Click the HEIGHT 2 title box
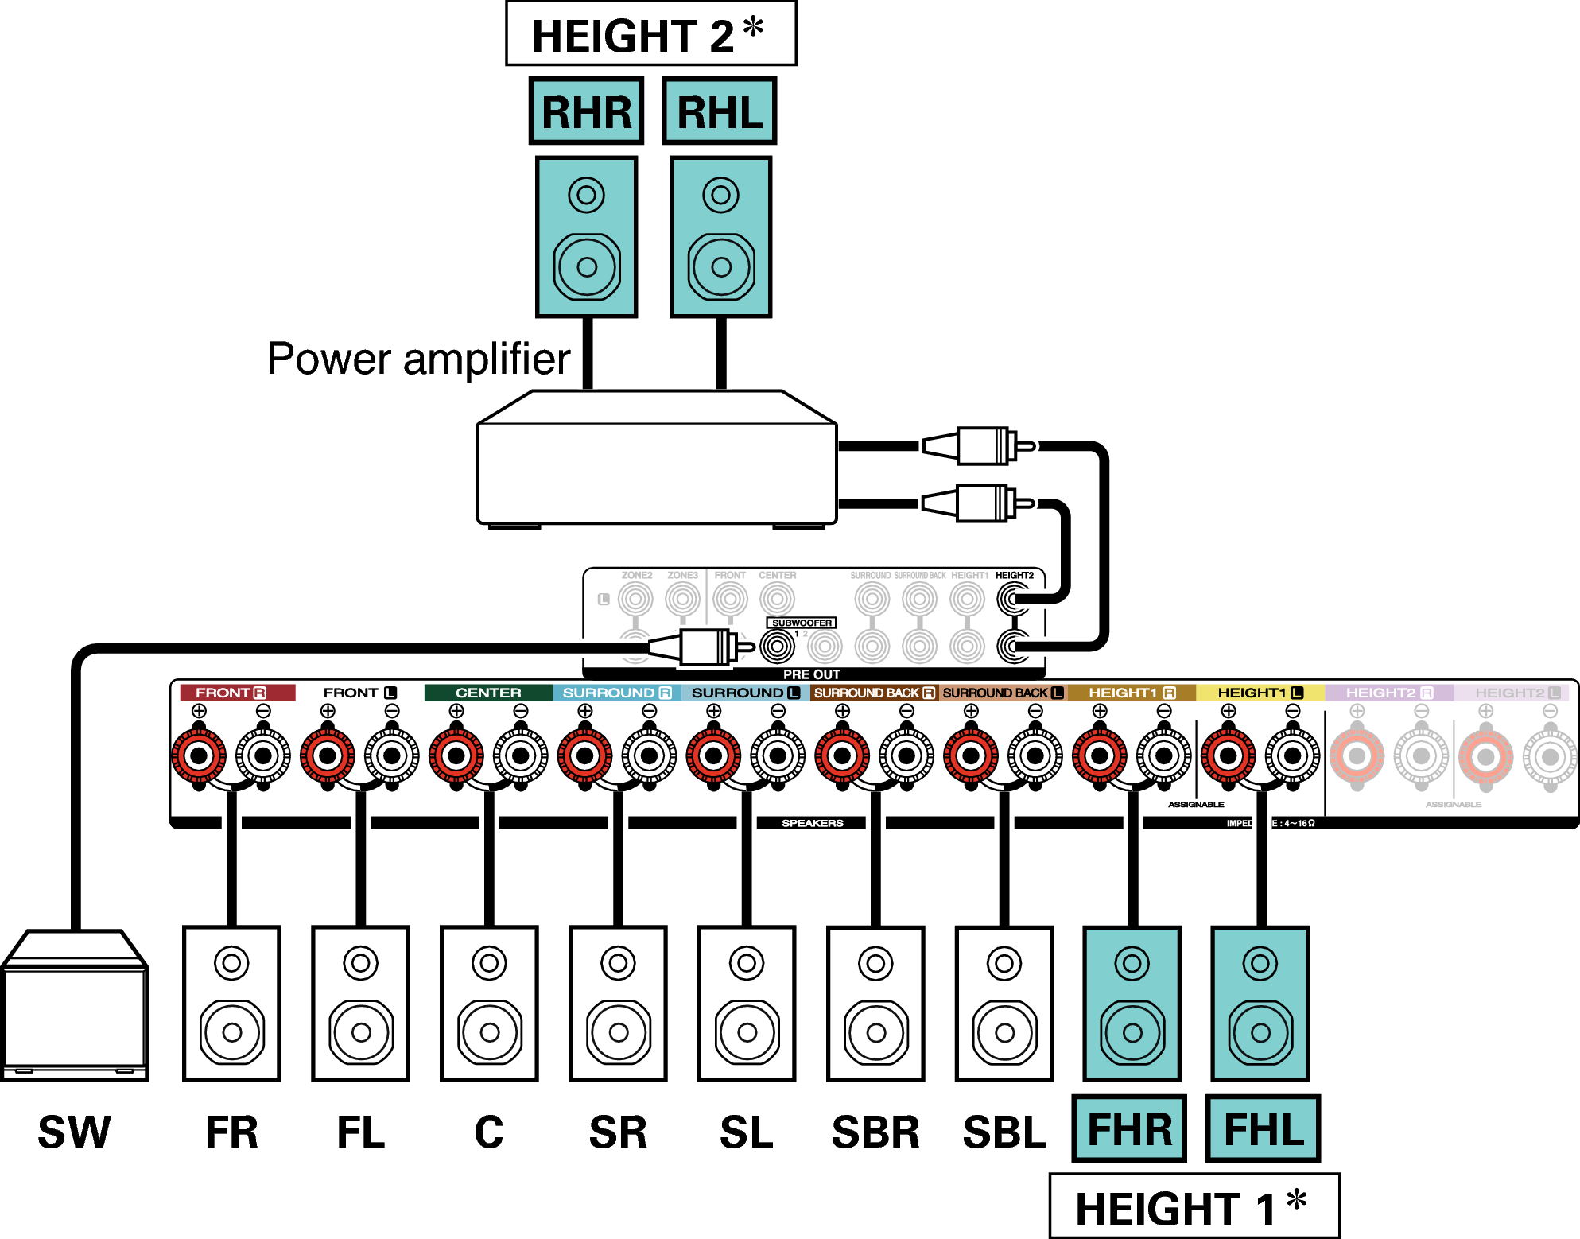[650, 34]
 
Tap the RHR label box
[586, 111]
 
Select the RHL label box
[719, 111]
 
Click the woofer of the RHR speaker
[587, 266]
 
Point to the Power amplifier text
[418, 359]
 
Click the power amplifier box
[656, 469]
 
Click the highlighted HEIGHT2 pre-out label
[1014, 575]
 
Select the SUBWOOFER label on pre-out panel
[801, 623]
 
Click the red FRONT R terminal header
[237, 693]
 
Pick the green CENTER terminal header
[488, 693]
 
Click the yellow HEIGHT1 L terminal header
[1260, 693]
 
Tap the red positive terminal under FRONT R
[199, 755]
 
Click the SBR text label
[875, 1132]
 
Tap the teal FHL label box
[1263, 1129]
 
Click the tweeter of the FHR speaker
[1132, 964]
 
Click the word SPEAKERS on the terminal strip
[812, 823]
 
